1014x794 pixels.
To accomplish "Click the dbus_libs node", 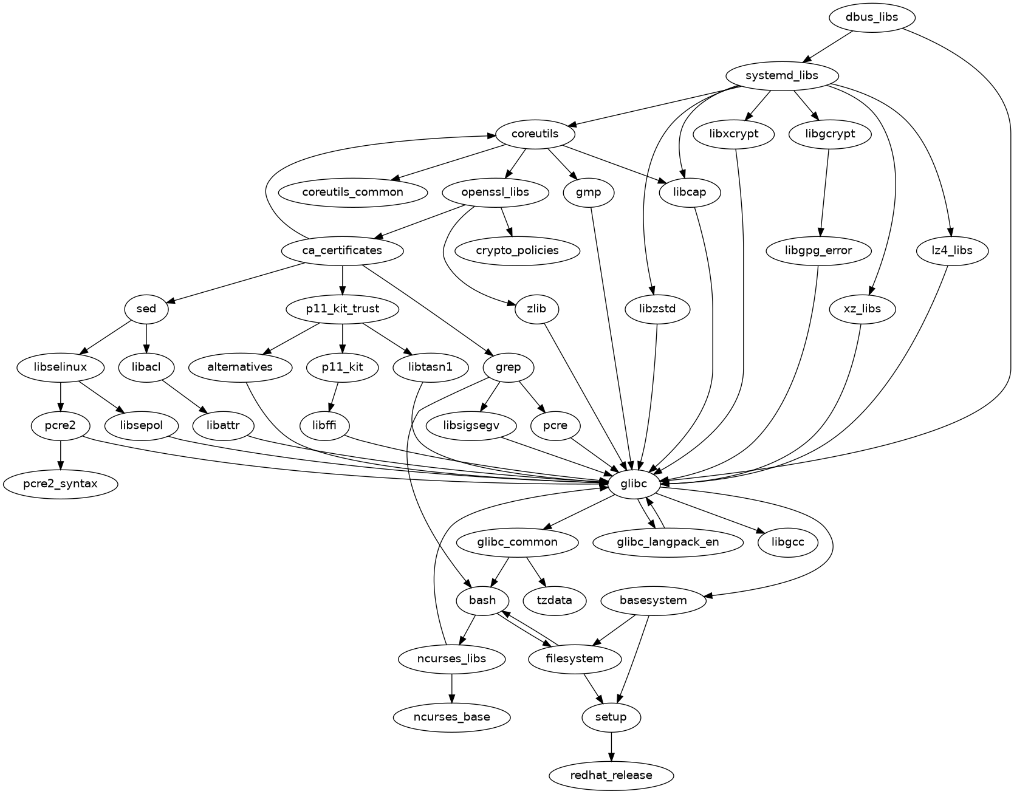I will [871, 17].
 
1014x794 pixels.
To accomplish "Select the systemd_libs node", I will [783, 75].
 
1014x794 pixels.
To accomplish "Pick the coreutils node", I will [535, 134].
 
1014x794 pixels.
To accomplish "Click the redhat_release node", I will [611, 775].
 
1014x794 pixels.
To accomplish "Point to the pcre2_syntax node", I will [60, 484].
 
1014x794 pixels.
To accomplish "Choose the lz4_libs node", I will [952, 250].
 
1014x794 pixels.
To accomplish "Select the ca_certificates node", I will [343, 250].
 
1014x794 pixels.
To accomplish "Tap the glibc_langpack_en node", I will [668, 542].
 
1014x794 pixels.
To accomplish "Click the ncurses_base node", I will [451, 717].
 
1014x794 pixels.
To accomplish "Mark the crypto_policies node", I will [517, 250].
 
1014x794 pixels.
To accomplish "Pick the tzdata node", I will [555, 600].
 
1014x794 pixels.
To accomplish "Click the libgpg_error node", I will [818, 250].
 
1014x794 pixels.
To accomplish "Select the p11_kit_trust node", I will [343, 309].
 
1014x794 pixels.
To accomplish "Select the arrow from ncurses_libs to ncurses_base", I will [451, 688].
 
